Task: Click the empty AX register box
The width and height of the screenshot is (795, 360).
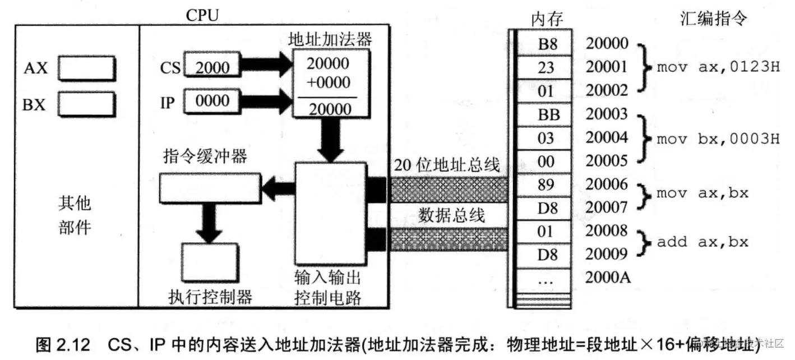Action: (87, 68)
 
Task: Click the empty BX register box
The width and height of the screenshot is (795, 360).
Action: (87, 104)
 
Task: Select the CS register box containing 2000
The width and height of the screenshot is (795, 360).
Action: (212, 67)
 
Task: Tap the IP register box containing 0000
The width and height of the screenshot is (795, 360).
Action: (212, 101)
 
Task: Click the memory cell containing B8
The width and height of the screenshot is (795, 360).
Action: (545, 44)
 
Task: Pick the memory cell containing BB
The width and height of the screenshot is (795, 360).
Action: (545, 114)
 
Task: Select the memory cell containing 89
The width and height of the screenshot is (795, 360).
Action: (545, 184)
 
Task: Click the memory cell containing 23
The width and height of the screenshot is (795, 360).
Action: (545, 68)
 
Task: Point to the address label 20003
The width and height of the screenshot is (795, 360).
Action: (607, 114)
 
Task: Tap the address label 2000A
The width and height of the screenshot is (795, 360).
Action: (607, 278)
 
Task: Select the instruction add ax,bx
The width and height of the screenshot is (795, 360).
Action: (702, 242)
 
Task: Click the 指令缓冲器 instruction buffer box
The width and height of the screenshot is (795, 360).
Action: (210, 187)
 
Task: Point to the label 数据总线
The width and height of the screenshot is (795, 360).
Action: (451, 215)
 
